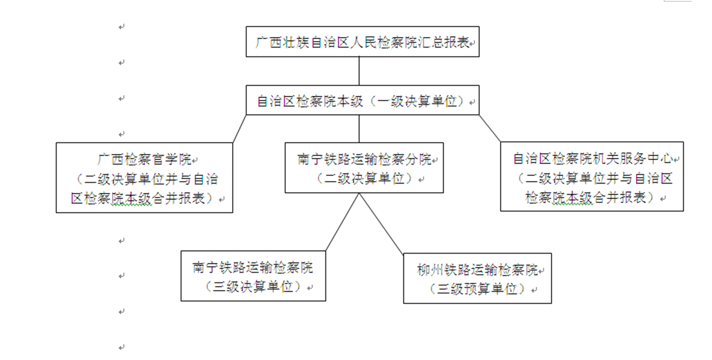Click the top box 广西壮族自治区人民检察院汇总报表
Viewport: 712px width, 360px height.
point(362,42)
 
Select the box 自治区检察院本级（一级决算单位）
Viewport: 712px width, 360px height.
point(362,101)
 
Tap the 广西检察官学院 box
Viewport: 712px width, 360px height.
point(144,177)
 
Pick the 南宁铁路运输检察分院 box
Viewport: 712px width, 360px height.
point(364,168)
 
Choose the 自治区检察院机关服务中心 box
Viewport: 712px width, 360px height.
point(591,176)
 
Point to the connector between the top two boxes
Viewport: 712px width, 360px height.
point(359,71)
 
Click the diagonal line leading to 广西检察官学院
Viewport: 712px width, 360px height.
point(240,128)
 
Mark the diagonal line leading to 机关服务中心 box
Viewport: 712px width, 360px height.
point(490,128)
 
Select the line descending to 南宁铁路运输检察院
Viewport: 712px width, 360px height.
point(343,222)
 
